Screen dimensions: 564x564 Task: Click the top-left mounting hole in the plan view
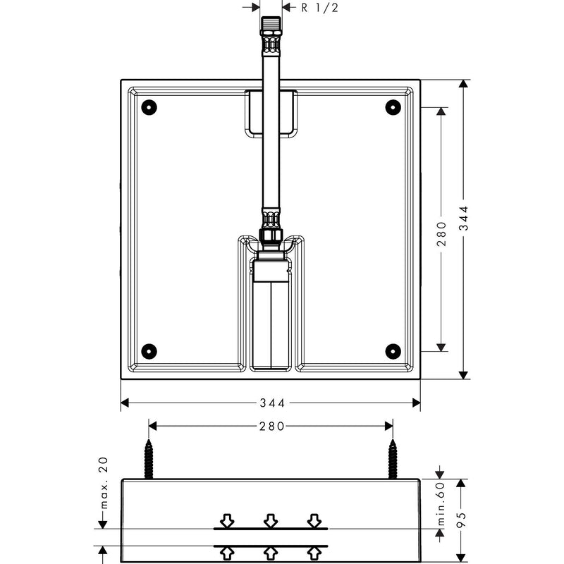coord(149,107)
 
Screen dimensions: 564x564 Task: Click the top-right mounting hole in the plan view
coord(393,107)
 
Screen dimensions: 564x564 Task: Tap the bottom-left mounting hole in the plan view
coord(149,351)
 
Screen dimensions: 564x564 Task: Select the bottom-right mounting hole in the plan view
coord(393,351)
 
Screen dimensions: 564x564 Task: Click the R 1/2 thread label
coord(320,8)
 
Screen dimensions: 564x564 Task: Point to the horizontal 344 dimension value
coord(272,403)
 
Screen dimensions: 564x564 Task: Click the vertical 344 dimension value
coord(465,218)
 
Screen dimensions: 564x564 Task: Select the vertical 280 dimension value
coord(441,234)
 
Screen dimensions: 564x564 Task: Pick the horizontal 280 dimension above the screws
coord(271,427)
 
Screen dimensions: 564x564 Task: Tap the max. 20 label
coord(104,483)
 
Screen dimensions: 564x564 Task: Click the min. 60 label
coord(441,503)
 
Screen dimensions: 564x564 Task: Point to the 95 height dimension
coord(462,520)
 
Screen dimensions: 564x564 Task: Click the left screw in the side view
coord(149,459)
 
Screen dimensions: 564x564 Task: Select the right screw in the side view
coord(393,459)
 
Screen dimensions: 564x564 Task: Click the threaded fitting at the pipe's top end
coord(271,35)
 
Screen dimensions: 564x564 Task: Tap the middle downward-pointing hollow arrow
coord(271,521)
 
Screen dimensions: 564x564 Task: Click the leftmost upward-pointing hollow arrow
coord(227,553)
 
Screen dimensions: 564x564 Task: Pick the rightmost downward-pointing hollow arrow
coord(314,521)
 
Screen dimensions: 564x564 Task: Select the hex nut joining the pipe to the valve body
coord(271,236)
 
